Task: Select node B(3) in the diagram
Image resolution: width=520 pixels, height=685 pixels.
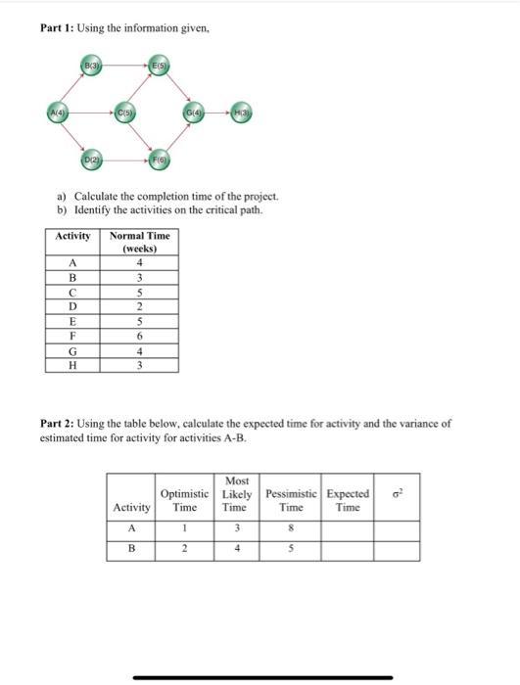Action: [x=90, y=67]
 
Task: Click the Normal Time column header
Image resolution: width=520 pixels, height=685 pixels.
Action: [x=139, y=242]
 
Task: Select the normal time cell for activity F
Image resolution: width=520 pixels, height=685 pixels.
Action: [x=139, y=336]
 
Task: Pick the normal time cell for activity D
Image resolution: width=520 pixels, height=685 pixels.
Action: [x=139, y=306]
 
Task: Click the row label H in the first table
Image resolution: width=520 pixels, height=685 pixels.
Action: [x=71, y=365]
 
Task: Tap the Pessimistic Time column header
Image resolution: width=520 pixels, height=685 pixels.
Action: [x=291, y=501]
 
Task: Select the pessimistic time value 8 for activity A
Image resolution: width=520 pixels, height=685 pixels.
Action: [x=291, y=529]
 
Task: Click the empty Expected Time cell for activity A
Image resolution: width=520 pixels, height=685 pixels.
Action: [x=348, y=529]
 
